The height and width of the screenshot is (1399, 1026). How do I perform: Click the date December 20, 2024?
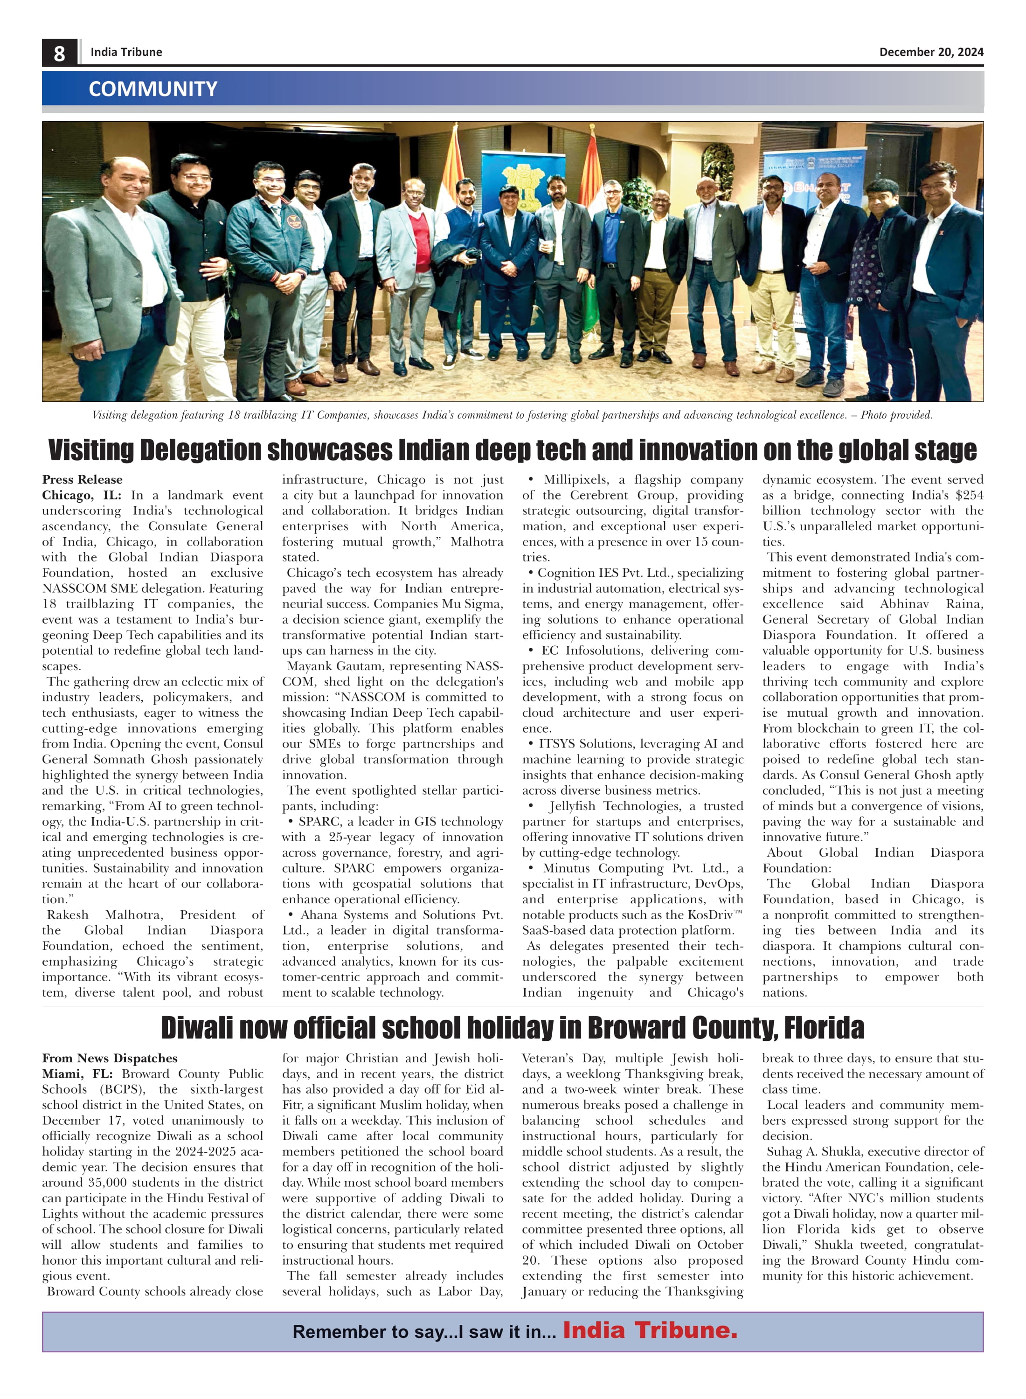coord(931,52)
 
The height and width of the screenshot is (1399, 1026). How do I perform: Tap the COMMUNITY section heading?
coord(153,89)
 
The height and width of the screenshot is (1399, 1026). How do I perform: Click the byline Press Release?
coord(82,479)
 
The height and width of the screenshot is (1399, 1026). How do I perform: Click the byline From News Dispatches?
coord(109,1058)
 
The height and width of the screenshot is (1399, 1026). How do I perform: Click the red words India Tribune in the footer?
coord(650,1330)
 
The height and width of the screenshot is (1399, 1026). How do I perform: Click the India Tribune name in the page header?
coord(126,52)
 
